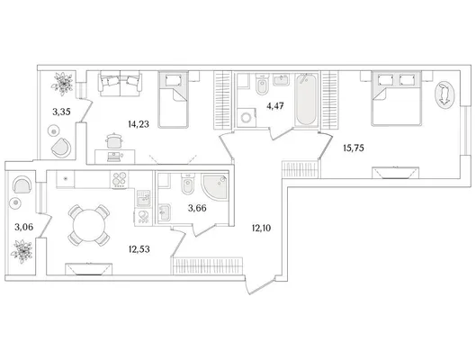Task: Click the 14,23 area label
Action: tap(139, 124)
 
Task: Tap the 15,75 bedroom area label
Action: tap(354, 148)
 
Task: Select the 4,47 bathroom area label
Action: tap(275, 106)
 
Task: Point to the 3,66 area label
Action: tap(197, 208)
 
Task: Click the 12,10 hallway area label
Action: tap(261, 228)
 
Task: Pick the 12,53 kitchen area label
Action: tap(139, 249)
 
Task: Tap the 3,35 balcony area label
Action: tap(61, 112)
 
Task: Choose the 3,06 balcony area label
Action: tap(24, 227)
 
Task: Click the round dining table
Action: tap(89, 225)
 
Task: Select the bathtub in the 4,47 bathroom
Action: tap(306, 99)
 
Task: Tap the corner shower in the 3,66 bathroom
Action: tap(214, 186)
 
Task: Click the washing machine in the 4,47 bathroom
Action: tap(247, 118)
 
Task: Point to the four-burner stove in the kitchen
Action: tap(120, 179)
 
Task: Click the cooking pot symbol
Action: tap(114, 141)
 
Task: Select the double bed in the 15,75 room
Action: tap(397, 98)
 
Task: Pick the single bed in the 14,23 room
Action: tap(173, 100)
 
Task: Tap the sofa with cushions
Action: tap(120, 84)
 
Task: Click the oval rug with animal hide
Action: tap(445, 95)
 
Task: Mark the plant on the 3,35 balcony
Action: tap(62, 82)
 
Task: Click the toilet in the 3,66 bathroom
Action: tap(186, 184)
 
